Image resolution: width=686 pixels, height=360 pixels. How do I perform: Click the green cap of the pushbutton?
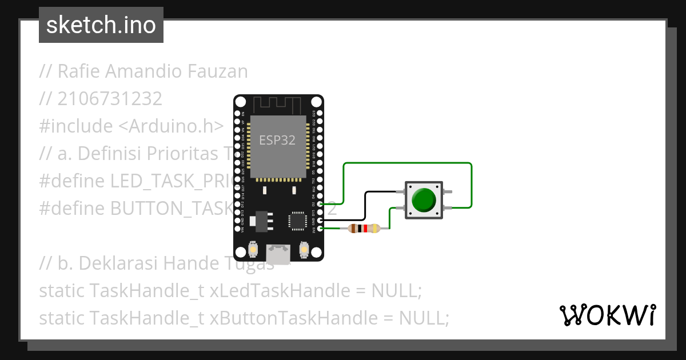click(424, 199)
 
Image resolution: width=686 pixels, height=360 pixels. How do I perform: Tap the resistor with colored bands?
click(364, 229)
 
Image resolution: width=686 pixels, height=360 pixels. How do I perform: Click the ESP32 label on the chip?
click(277, 140)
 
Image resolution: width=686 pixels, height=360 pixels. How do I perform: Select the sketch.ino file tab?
click(101, 25)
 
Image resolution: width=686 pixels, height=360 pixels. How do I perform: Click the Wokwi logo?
click(607, 315)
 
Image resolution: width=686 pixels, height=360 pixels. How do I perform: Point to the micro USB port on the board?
click(278, 254)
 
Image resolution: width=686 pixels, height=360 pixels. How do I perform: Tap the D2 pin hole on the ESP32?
click(320, 203)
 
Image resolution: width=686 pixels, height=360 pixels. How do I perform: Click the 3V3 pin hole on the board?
click(320, 229)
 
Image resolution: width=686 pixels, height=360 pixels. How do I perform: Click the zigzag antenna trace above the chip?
click(277, 105)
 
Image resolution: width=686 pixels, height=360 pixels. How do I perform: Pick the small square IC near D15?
click(298, 221)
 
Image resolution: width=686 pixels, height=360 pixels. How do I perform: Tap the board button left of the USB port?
click(252, 250)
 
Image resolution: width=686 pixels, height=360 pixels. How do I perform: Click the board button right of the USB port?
click(304, 250)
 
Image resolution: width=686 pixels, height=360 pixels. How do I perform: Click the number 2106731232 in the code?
click(110, 99)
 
